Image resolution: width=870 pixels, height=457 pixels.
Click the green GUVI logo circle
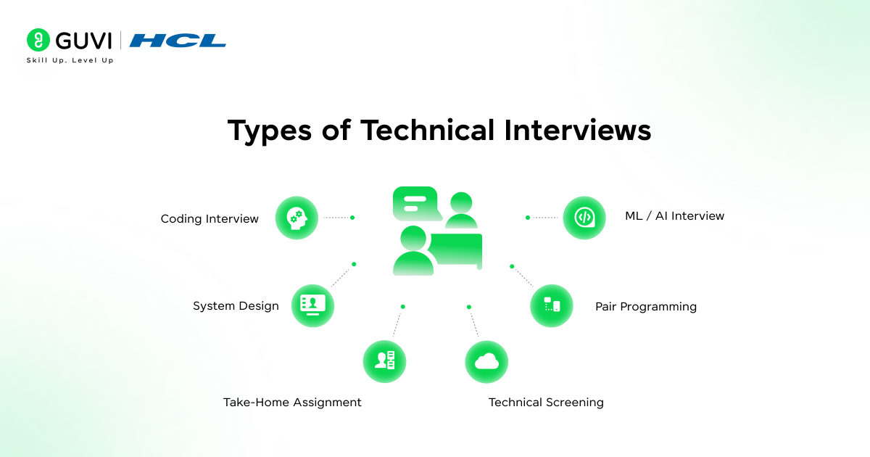click(x=38, y=40)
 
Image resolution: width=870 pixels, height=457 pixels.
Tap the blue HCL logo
click(x=178, y=41)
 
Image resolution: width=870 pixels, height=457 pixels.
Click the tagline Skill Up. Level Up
click(x=70, y=60)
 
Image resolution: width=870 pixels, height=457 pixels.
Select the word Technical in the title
click(x=427, y=130)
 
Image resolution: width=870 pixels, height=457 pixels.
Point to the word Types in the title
click(x=270, y=131)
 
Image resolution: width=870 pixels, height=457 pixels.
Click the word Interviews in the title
click(x=578, y=130)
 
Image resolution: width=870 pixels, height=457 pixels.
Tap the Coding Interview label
click(x=210, y=219)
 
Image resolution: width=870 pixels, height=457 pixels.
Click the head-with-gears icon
click(x=297, y=218)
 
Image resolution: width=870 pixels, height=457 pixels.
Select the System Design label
click(x=236, y=306)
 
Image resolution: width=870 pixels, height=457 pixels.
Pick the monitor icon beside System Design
click(x=312, y=305)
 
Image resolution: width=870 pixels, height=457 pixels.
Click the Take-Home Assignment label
click(x=292, y=402)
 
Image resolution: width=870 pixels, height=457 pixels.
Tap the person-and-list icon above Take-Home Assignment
click(x=384, y=361)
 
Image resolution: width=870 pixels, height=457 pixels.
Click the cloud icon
click(x=486, y=362)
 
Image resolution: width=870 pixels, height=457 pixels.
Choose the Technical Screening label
click(x=546, y=402)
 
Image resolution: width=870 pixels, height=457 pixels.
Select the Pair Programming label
click(x=646, y=307)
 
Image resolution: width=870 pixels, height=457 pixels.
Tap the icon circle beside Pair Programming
click(x=552, y=305)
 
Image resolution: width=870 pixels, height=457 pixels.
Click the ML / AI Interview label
click(x=675, y=215)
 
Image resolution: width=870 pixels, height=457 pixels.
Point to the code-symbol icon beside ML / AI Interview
click(x=584, y=218)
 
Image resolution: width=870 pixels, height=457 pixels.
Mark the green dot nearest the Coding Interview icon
click(x=352, y=218)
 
